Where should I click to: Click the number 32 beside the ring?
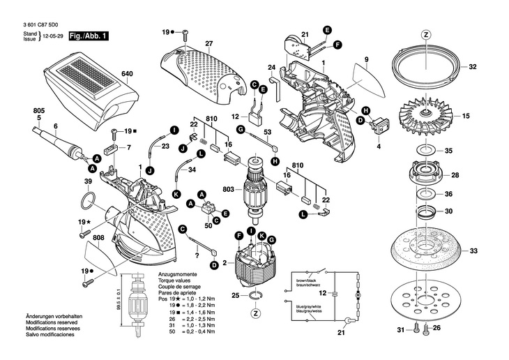pyautogui.click(x=472, y=68)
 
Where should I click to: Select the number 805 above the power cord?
pyautogui.click(x=38, y=110)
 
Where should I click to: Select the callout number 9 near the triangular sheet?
pyautogui.click(x=365, y=59)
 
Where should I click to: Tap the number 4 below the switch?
pyautogui.click(x=379, y=148)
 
